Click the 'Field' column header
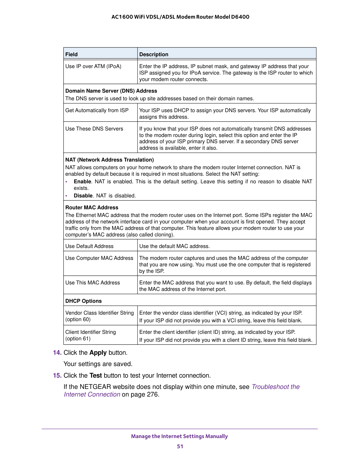point(71,55)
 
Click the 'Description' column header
point(154,55)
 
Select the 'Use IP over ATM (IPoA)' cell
point(93,66)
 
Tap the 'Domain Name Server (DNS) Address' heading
point(111,91)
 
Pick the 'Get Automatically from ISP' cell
point(97,110)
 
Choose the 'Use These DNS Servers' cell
point(94,129)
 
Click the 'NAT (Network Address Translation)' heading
point(110,160)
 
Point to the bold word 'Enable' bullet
point(82,182)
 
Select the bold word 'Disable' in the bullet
point(83,196)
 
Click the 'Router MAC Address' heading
point(92,208)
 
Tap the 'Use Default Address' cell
point(89,246)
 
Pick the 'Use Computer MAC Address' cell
point(99,258)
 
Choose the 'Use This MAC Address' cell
point(93,283)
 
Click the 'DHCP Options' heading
point(84,301)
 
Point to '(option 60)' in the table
point(78,319)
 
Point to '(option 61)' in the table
point(78,339)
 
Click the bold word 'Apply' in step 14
point(98,353)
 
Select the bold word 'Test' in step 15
point(96,376)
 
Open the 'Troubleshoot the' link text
point(276,387)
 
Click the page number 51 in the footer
point(180,447)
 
